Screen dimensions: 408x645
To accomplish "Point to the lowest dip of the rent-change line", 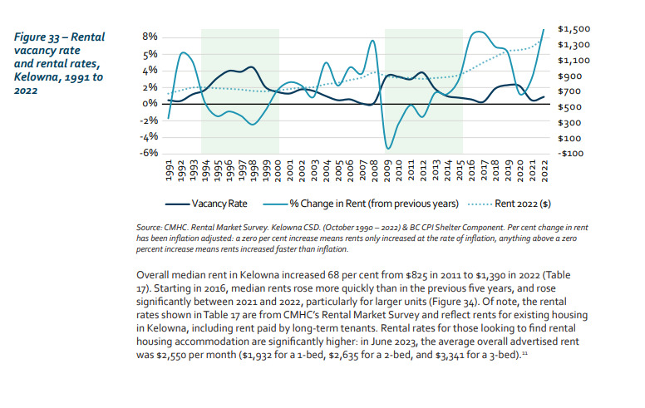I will (x=388, y=149).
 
